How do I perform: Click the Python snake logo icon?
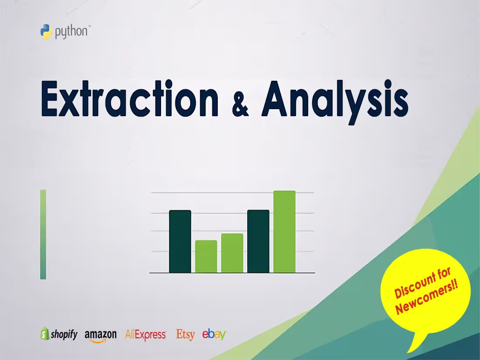[46, 32]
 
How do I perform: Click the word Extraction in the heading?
[130, 99]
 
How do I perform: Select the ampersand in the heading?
[240, 104]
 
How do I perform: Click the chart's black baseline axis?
[232, 273]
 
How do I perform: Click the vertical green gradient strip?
[43, 234]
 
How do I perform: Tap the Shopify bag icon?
[45, 334]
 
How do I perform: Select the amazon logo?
[101, 335]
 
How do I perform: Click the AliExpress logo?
[145, 335]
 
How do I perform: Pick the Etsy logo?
[185, 335]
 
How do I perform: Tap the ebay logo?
[214, 334]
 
